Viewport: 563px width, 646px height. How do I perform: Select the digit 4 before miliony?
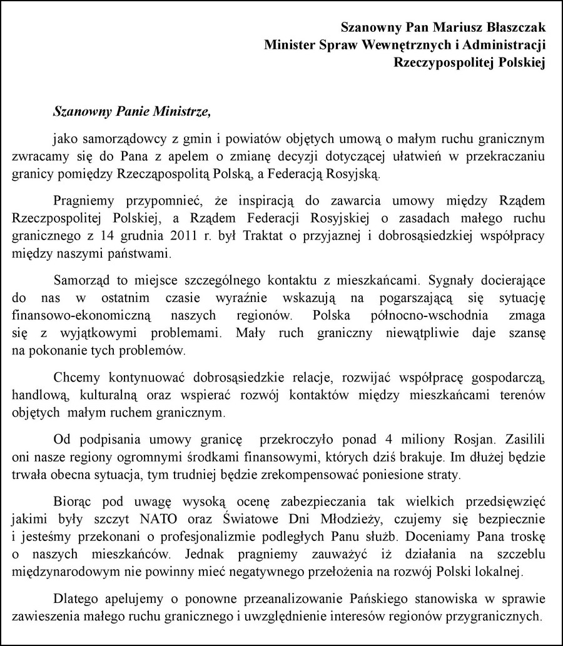tap(337, 439)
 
